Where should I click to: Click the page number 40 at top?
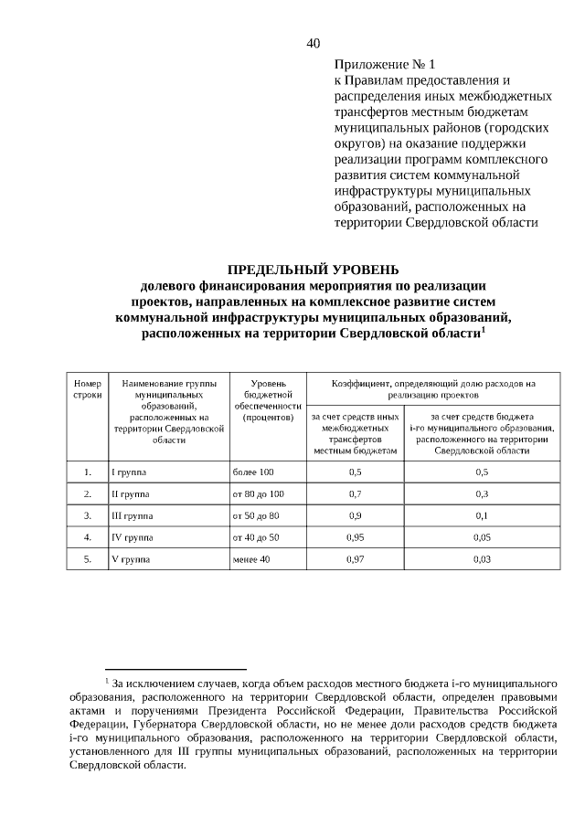click(x=314, y=42)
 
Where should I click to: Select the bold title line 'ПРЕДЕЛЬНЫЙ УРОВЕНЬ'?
click(x=313, y=270)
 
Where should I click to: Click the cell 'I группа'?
click(x=128, y=472)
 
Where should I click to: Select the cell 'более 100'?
click(x=253, y=472)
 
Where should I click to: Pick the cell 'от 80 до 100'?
click(x=259, y=494)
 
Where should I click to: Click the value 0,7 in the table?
click(x=356, y=494)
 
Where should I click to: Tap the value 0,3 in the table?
click(x=482, y=494)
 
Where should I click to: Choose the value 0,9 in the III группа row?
click(x=356, y=515)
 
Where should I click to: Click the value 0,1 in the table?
click(x=482, y=515)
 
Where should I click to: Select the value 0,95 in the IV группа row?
click(x=356, y=537)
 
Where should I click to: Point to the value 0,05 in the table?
click(x=482, y=537)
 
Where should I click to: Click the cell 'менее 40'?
click(x=251, y=558)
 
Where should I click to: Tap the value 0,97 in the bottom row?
click(x=356, y=558)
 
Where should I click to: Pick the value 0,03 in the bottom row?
click(x=482, y=558)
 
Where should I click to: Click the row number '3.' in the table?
click(x=87, y=515)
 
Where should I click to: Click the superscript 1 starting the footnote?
click(x=107, y=681)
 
